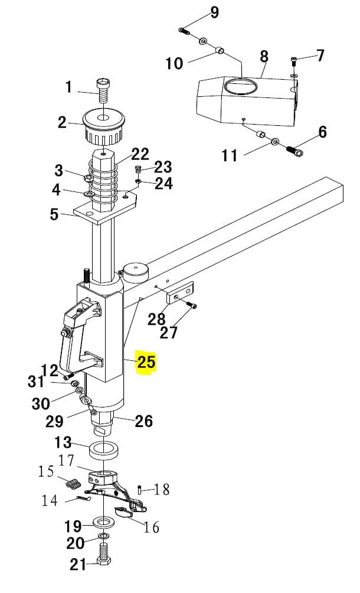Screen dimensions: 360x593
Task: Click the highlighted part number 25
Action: click(146, 361)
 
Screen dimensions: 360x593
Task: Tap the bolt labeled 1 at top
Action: click(102, 91)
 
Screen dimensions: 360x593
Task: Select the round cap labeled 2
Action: click(103, 127)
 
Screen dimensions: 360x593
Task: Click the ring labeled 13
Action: click(104, 450)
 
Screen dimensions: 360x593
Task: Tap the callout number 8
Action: click(264, 57)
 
